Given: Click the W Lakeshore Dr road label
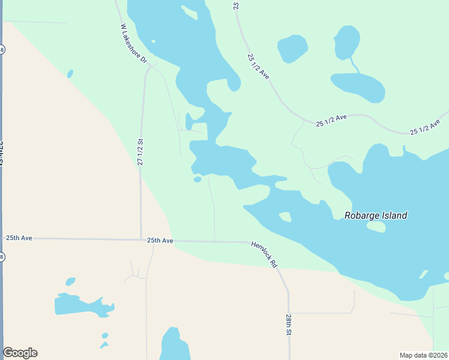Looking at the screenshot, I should (133, 45).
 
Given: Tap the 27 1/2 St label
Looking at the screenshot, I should (140, 152).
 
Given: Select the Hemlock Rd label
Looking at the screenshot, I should (265, 255).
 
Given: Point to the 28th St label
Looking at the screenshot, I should (289, 324).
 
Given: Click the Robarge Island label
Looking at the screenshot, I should (376, 215).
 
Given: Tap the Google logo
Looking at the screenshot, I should (20, 353).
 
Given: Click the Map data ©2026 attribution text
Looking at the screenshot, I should (423, 355).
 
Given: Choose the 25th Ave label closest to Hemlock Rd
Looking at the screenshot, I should (160, 241).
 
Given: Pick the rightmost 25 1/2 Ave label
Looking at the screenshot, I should (425, 127).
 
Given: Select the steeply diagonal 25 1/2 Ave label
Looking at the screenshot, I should (258, 67).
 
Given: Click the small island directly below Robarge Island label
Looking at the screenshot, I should (376, 227).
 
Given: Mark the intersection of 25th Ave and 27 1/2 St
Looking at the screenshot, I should (141, 239).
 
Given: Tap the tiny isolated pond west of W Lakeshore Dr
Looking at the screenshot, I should (70, 74).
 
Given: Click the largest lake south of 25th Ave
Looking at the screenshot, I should (81, 305).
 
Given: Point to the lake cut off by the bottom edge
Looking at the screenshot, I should (174, 346).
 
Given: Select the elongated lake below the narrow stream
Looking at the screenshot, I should (358, 87).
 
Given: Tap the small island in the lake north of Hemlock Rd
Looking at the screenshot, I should (285, 217).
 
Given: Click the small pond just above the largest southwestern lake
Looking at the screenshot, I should (70, 281).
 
